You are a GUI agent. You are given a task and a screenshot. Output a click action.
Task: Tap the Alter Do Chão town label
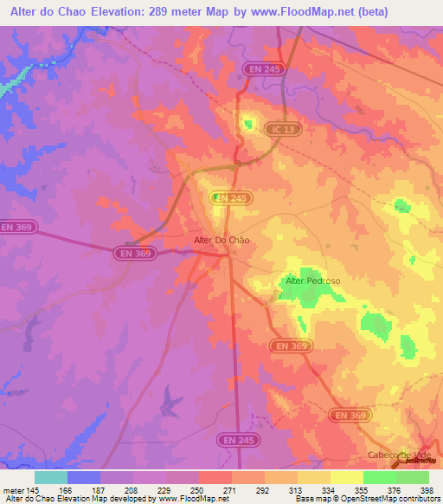point(220,241)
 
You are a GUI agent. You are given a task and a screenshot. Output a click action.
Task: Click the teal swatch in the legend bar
point(51,477)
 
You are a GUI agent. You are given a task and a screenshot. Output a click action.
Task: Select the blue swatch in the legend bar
point(84,477)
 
